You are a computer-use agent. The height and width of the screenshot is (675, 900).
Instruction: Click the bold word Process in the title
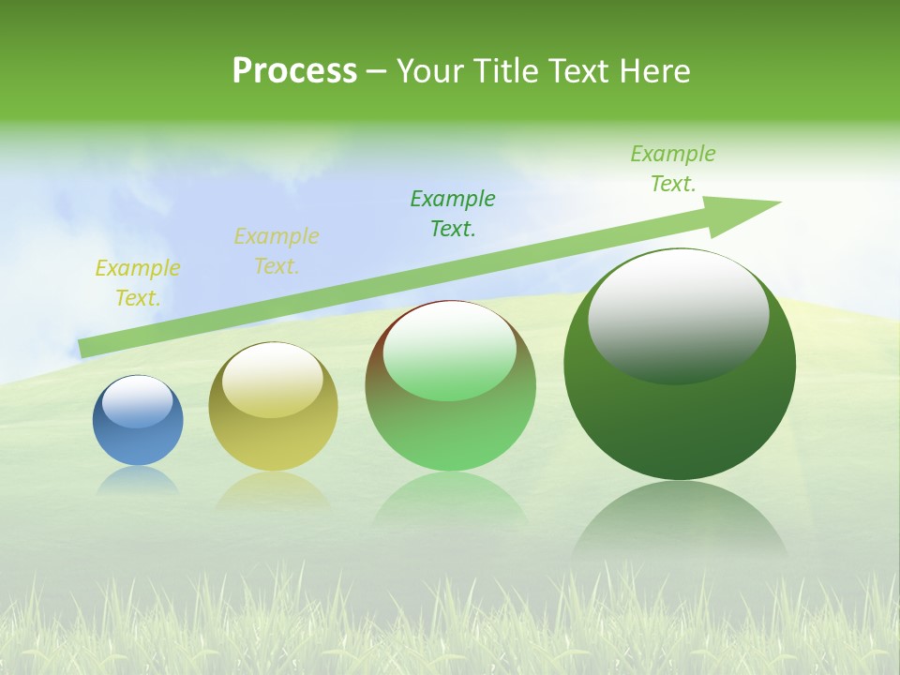point(294,71)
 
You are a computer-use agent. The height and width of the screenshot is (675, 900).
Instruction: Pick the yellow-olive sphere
point(273,441)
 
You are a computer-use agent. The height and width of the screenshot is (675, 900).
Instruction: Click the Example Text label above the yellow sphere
point(277,251)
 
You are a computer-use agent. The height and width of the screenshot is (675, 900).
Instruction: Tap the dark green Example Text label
point(453,213)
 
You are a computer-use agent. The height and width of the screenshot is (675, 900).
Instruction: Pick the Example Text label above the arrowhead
point(673,169)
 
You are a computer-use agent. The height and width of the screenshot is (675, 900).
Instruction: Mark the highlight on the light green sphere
point(450,352)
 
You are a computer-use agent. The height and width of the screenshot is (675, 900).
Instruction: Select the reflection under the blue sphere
point(138,480)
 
